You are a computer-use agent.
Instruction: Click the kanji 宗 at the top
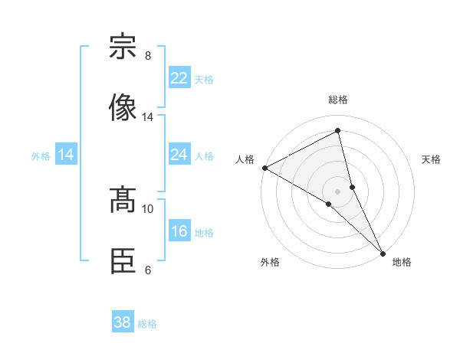click(x=123, y=47)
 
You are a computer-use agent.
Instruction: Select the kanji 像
click(x=123, y=107)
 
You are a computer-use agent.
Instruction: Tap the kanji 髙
click(x=123, y=200)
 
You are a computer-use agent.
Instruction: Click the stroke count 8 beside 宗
click(x=147, y=56)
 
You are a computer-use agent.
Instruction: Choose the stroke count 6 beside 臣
click(x=147, y=270)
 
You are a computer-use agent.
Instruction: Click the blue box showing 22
click(x=179, y=78)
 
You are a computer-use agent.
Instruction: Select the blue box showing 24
click(x=179, y=155)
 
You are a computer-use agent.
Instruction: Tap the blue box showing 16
click(x=179, y=231)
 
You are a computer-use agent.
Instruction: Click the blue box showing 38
click(x=122, y=322)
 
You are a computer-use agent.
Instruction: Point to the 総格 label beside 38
click(x=147, y=324)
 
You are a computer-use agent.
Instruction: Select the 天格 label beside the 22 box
click(x=204, y=80)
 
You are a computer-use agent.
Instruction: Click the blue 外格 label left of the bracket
click(x=41, y=156)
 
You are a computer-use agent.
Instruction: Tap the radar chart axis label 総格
click(x=338, y=100)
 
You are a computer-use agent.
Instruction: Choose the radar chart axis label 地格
click(x=402, y=262)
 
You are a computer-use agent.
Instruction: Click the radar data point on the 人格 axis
click(x=264, y=168)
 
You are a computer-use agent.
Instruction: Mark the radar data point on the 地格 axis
click(x=383, y=253)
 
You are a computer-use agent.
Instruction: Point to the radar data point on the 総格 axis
click(x=338, y=131)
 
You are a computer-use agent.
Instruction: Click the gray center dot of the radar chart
click(x=338, y=191)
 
